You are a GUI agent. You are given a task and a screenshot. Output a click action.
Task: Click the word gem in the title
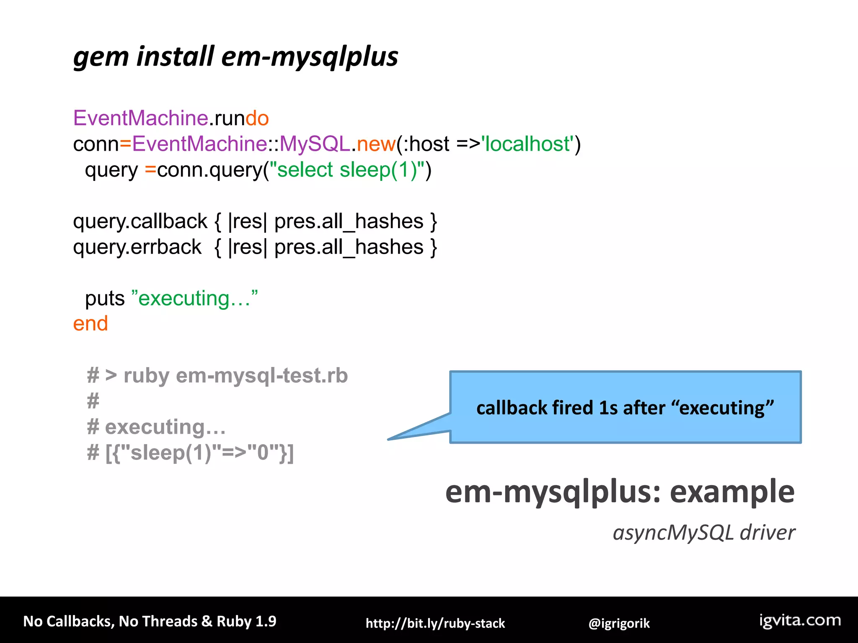(x=101, y=57)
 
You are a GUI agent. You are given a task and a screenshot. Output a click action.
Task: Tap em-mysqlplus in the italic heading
(x=309, y=57)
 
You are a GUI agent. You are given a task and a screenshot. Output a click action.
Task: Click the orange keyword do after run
(x=257, y=118)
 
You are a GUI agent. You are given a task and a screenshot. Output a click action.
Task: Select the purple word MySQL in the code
(x=315, y=144)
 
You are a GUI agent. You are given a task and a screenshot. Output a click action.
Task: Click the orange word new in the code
(x=376, y=144)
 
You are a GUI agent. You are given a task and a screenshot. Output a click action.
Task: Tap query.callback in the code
(x=140, y=221)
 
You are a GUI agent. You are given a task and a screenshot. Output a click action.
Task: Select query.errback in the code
(x=137, y=247)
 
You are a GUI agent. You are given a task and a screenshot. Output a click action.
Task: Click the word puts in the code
(x=105, y=298)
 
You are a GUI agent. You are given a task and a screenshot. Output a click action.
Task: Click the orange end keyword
(x=90, y=324)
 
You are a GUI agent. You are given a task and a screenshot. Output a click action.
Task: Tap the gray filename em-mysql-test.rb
(x=262, y=376)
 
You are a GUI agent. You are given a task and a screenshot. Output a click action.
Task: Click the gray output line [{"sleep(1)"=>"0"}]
(x=199, y=453)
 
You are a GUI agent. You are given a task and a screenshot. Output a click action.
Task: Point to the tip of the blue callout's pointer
(x=389, y=439)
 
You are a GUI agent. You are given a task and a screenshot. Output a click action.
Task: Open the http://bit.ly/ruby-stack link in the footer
(x=435, y=623)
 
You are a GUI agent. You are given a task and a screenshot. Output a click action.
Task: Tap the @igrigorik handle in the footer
(x=619, y=623)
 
